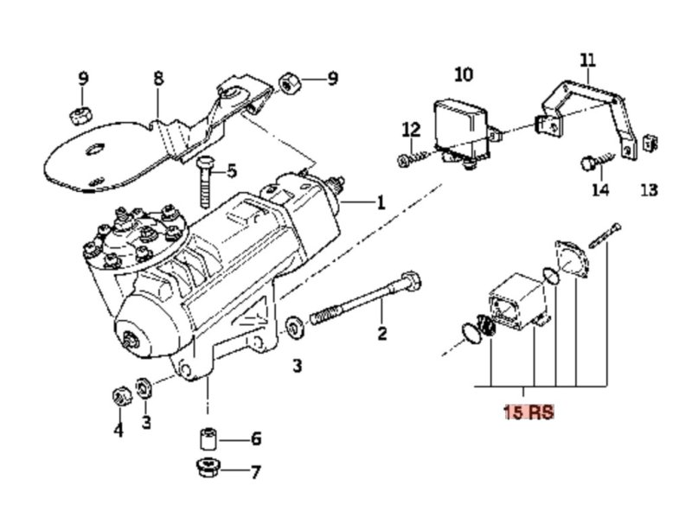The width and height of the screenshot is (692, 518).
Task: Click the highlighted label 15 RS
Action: point(529,412)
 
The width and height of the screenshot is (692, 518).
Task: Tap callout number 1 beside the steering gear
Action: point(380,202)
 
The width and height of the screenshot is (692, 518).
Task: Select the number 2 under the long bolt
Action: point(382,333)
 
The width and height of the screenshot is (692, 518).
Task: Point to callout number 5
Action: point(232,170)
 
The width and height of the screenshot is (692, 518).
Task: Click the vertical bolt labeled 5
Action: point(205,182)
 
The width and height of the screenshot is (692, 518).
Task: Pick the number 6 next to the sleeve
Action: point(256,438)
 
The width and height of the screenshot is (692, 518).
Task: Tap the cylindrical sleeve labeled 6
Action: point(208,439)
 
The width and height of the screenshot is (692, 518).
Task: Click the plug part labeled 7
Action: point(208,468)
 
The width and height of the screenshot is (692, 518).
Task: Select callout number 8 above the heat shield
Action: point(158,79)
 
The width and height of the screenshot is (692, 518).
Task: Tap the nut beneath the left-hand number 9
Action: point(80,116)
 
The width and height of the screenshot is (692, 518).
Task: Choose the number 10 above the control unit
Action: point(464,74)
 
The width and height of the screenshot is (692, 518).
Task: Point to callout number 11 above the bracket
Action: point(588,60)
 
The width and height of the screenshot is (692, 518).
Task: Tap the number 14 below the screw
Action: point(600,189)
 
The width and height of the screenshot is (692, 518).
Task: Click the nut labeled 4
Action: point(121,396)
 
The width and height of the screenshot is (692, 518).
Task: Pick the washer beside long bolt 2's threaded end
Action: point(294,328)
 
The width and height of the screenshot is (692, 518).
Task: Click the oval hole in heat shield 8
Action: point(95,150)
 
